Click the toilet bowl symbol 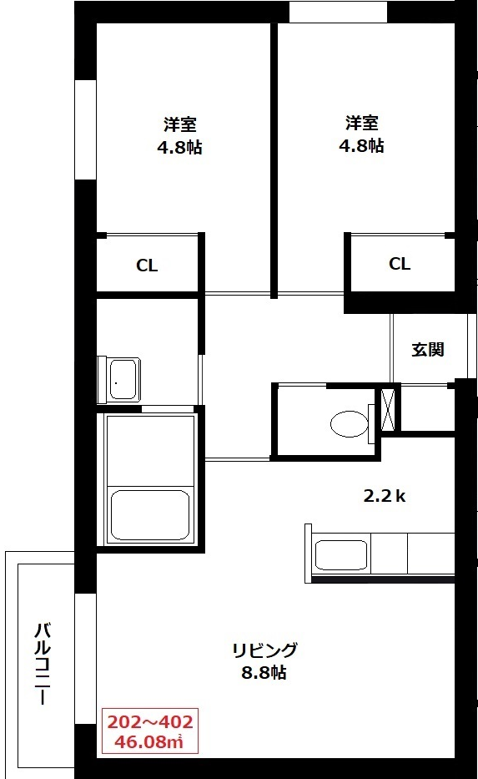[x=349, y=424]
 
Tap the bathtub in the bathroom [x=150, y=515]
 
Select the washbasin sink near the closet [x=123, y=378]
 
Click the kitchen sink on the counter [x=341, y=555]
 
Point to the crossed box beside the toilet [x=388, y=409]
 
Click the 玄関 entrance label [x=427, y=350]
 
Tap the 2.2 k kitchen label [x=385, y=495]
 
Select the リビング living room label [x=264, y=650]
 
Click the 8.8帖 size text [x=264, y=673]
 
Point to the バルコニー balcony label [x=43, y=664]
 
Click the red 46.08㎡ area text [x=148, y=741]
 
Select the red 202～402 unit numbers [x=150, y=721]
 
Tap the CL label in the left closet [x=147, y=266]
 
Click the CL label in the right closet [x=400, y=264]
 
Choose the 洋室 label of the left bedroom [x=179, y=124]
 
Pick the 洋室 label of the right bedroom [x=362, y=123]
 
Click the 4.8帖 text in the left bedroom [x=179, y=148]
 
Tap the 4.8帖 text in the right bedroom [x=361, y=146]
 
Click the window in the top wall [x=338, y=12]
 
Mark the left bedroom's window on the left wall [x=85, y=129]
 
